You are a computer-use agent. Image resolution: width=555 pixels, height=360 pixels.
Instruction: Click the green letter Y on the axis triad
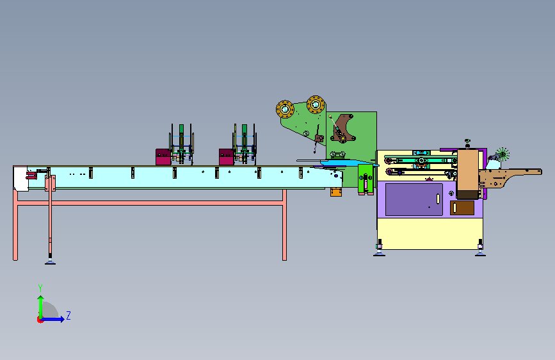click(x=40, y=288)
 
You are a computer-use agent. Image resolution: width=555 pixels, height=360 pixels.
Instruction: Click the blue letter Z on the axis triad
click(x=68, y=315)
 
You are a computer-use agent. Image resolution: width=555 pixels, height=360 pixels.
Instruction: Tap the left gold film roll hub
click(x=285, y=109)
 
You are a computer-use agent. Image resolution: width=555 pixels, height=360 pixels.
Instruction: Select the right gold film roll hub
click(x=316, y=104)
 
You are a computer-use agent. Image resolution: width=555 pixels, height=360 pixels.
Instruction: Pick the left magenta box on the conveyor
click(x=163, y=157)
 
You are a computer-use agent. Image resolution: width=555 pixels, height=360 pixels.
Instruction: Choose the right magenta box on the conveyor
click(x=227, y=157)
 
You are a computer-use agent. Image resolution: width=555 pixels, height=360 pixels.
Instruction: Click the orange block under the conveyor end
click(x=336, y=192)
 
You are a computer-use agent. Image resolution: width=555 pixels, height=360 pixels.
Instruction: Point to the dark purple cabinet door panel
click(x=414, y=199)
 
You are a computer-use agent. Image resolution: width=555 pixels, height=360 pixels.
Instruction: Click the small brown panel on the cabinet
click(x=462, y=208)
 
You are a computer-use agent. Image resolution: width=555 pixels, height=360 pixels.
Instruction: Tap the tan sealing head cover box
click(x=468, y=174)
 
